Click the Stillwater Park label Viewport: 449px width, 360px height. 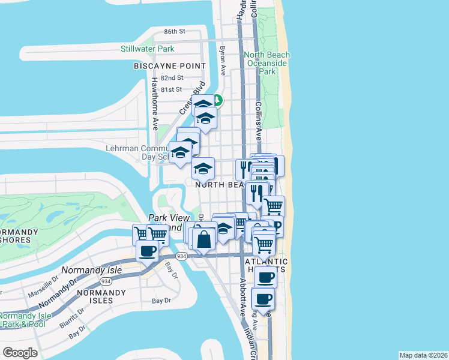(147, 48)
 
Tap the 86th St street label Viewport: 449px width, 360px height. (175, 31)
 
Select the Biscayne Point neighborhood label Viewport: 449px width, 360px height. (170, 66)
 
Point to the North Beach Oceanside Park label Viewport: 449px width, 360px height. (267, 63)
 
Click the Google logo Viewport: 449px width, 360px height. (20, 352)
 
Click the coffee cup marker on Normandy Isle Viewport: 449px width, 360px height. (147, 251)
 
